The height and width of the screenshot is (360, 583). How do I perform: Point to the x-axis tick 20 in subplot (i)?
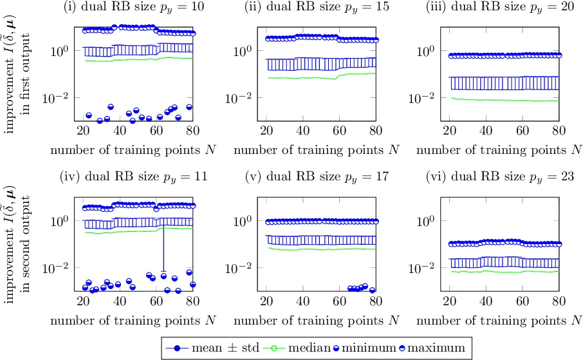pos(83,131)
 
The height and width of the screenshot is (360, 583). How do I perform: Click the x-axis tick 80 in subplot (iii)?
pos(559,131)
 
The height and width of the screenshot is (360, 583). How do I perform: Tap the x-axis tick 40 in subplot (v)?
pos(302,301)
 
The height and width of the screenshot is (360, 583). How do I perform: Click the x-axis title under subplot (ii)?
pos(316,150)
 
